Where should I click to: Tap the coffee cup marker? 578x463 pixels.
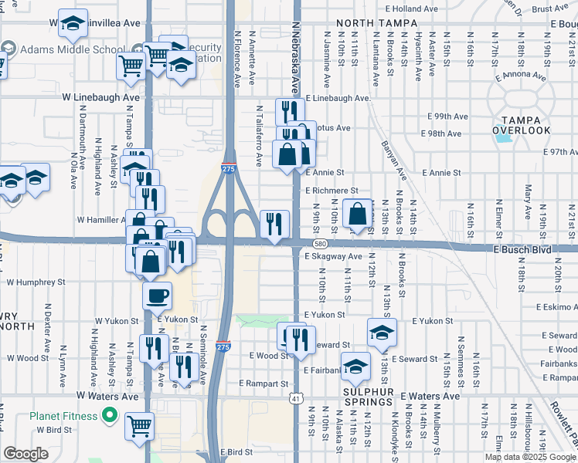click(x=157, y=295)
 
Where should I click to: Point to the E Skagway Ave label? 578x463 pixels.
click(x=333, y=256)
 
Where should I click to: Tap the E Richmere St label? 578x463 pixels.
click(x=331, y=190)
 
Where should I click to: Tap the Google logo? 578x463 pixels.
click(x=25, y=455)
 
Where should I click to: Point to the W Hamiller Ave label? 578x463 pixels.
click(x=101, y=219)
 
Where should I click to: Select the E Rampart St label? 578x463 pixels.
click(x=263, y=384)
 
